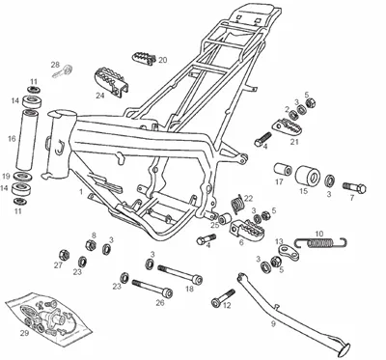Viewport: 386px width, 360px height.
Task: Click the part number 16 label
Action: [12, 139]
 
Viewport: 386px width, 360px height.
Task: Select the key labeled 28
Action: [63, 71]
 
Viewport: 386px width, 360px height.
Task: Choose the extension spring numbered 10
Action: [320, 242]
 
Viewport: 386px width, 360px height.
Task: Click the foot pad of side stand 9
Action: [343, 350]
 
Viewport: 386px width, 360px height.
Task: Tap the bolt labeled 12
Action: [223, 297]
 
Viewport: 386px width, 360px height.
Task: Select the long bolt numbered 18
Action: [179, 273]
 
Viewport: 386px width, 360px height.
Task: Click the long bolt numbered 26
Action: [152, 288]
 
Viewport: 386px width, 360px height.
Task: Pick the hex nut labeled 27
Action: [65, 256]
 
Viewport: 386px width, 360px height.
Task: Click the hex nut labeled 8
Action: [91, 245]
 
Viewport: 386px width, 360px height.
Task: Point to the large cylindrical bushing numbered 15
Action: [308, 176]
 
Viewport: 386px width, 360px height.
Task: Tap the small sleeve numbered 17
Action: [283, 170]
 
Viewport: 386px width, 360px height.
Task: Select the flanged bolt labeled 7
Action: [355, 187]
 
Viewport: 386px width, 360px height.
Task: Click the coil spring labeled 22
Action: [236, 204]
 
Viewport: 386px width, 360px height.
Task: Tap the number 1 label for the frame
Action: [81, 192]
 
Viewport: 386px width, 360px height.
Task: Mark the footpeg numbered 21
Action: [286, 128]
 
